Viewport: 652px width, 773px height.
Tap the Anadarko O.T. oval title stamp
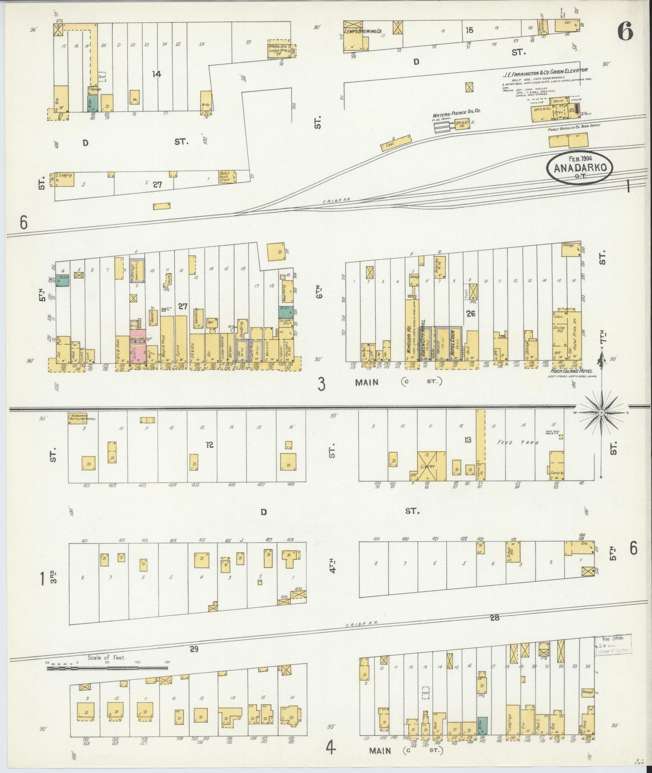(579, 168)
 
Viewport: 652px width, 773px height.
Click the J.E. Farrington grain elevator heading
(546, 70)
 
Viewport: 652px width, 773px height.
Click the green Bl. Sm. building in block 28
(482, 722)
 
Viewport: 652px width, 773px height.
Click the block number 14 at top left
(156, 74)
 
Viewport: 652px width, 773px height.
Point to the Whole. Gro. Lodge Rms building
(278, 49)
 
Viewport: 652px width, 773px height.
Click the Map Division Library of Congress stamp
(613, 644)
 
